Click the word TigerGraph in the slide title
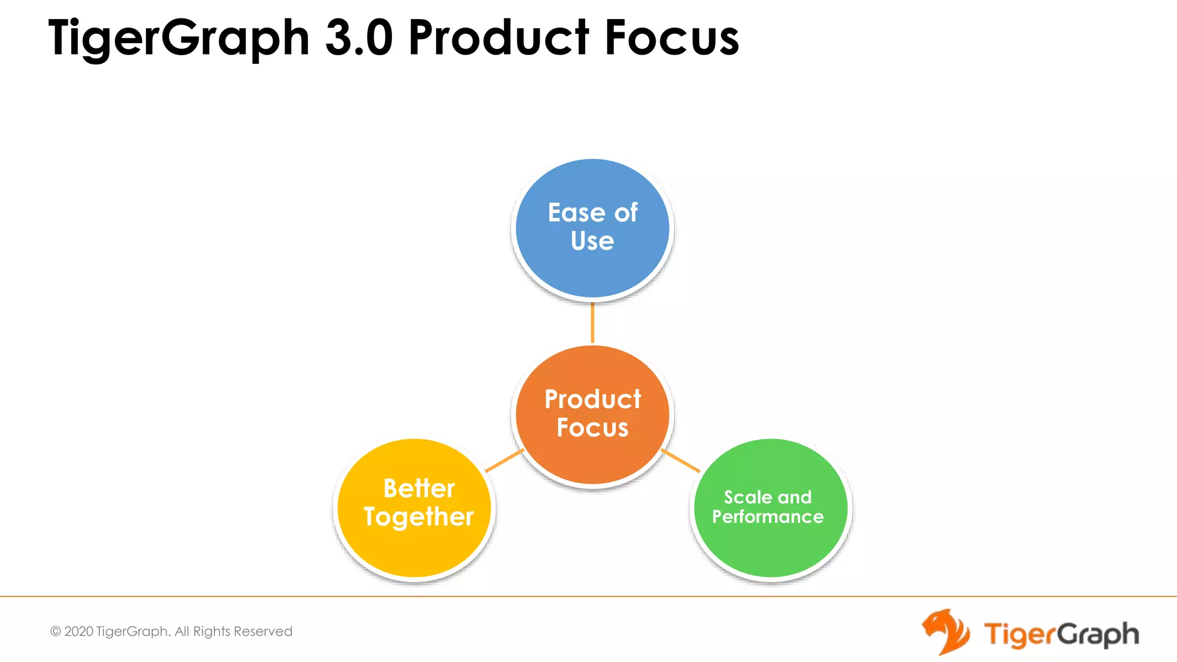point(178,38)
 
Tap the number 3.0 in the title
point(359,38)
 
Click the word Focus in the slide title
point(671,38)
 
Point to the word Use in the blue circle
point(592,241)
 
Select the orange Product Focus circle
point(592,460)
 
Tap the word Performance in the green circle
point(768,517)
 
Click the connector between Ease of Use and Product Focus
point(593,323)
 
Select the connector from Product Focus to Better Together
point(504,461)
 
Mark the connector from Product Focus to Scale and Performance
point(680,461)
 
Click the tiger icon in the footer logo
point(945,632)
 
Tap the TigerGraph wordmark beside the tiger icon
point(1061,634)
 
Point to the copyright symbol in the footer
point(56,632)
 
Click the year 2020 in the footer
point(79,632)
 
